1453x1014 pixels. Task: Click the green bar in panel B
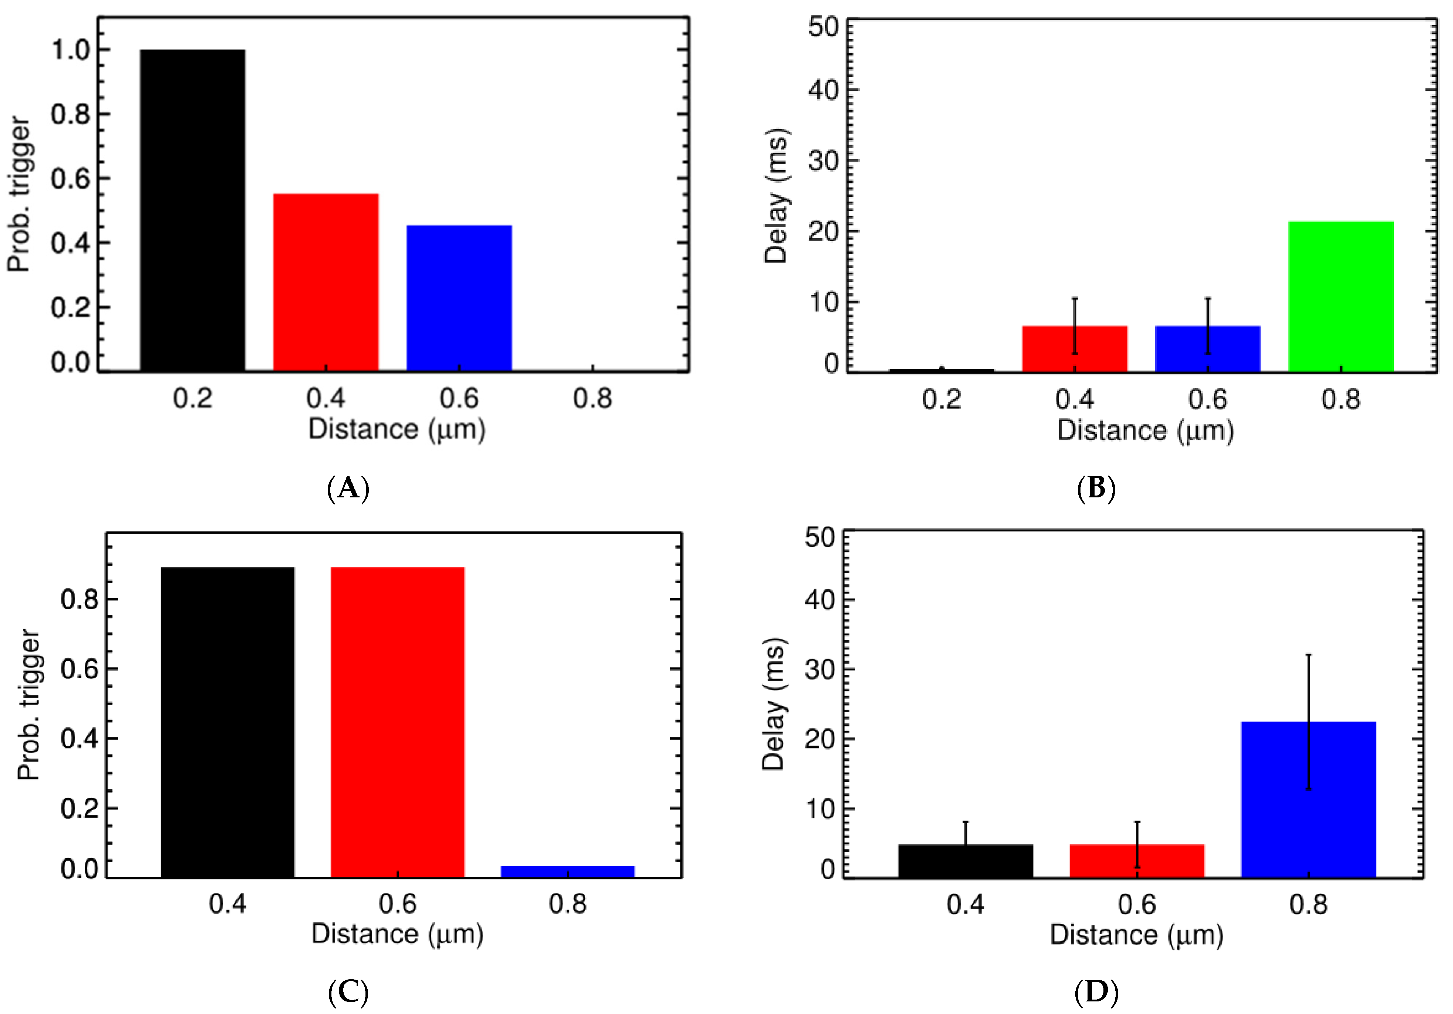1341,296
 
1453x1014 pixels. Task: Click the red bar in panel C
397,722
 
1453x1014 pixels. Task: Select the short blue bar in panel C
568,871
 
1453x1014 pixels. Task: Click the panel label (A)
348,489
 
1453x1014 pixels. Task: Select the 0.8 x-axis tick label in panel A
592,399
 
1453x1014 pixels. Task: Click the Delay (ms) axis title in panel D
773,703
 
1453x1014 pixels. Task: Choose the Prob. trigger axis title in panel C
28,703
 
